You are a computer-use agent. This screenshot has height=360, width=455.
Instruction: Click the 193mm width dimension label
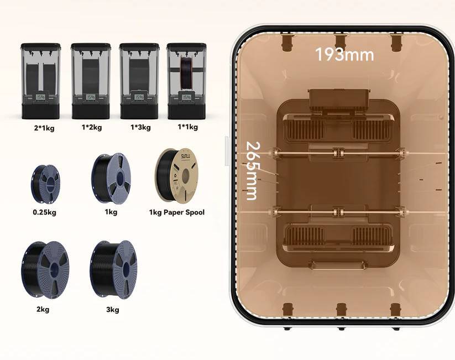(344, 55)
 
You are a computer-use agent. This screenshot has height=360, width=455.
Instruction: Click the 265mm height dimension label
(252, 170)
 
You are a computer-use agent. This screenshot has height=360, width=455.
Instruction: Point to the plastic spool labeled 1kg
(111, 179)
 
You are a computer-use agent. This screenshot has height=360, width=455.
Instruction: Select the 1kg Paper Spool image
(176, 175)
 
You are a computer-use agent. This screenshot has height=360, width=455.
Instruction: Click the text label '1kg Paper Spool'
(177, 212)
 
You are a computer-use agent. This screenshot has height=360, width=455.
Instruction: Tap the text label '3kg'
(112, 310)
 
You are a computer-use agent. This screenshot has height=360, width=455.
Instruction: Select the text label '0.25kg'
(44, 212)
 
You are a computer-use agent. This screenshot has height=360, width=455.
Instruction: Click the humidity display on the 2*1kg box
(41, 97)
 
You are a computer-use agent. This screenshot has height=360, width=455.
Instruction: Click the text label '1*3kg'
(140, 127)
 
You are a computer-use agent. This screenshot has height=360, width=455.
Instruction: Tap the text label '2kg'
(43, 310)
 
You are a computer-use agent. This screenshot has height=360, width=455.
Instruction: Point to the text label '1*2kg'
(92, 127)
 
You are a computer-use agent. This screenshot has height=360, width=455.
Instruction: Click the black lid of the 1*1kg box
(187, 46)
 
